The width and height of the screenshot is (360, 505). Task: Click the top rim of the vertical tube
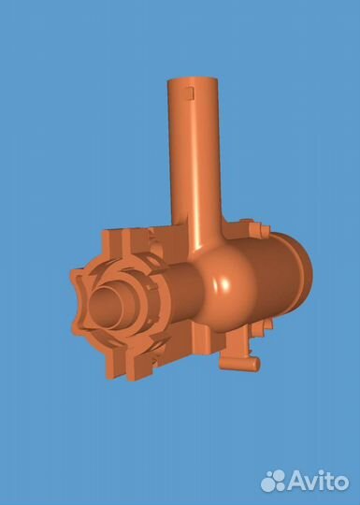coord(193,79)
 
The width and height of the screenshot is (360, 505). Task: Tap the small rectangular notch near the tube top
coord(190,93)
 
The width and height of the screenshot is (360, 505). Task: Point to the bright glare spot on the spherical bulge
coord(225,284)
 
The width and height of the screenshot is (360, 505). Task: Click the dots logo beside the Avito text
coord(273,481)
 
